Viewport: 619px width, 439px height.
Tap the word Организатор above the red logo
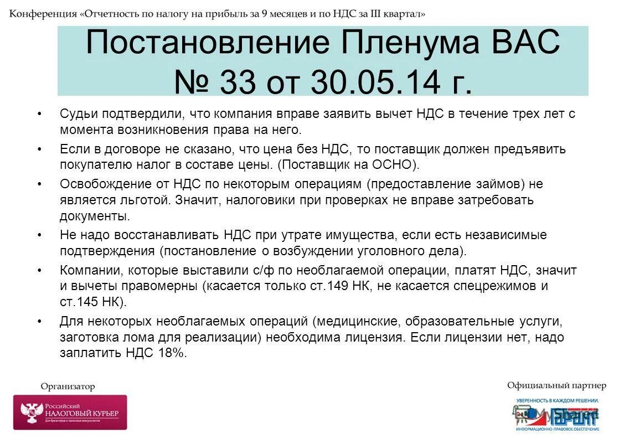tap(68, 386)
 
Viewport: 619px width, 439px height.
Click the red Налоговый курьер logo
tap(70, 412)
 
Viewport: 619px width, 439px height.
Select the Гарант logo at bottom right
tap(556, 414)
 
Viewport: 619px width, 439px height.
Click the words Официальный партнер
tap(556, 386)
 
